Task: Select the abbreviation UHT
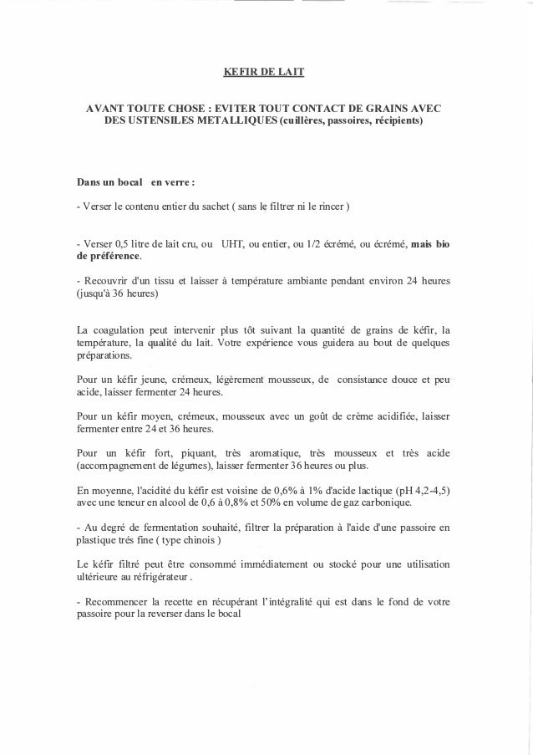232,244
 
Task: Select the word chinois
187,540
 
